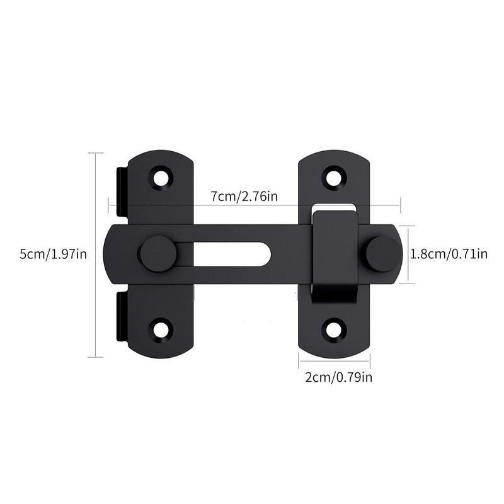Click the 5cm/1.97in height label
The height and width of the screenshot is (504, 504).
pyautogui.click(x=53, y=254)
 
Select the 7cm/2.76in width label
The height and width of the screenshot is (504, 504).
pyautogui.click(x=244, y=197)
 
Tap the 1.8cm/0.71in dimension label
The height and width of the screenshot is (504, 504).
pyautogui.click(x=449, y=254)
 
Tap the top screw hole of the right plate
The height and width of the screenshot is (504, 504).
pyautogui.click(x=333, y=176)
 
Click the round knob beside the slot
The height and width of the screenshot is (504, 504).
pyautogui.click(x=157, y=254)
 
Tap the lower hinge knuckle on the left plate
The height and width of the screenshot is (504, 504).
pyautogui.click(x=122, y=318)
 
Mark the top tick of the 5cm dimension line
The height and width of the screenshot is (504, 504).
pyautogui.click(x=95, y=152)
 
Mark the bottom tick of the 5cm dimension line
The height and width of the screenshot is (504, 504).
pyautogui.click(x=95, y=357)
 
